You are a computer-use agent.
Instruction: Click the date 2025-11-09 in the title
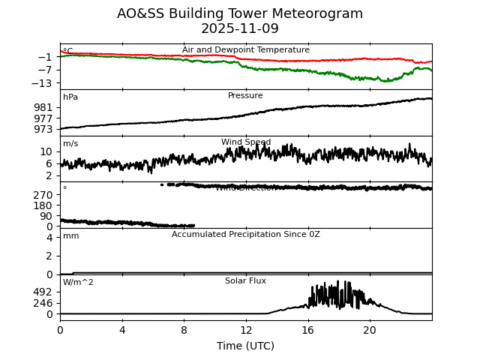(x=240, y=29)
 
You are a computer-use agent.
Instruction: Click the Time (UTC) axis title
(x=246, y=346)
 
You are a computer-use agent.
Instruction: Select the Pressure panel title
(x=245, y=96)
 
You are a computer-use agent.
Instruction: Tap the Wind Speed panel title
(x=246, y=142)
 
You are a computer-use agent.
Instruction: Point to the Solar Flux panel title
(x=245, y=281)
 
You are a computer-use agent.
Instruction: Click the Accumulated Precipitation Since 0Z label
(x=246, y=235)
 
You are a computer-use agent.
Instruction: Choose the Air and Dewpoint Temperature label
(x=246, y=50)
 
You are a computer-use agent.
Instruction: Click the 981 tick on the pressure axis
(x=43, y=107)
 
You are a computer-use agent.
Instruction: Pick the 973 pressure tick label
(x=43, y=129)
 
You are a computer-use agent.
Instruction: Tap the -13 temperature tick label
(x=43, y=83)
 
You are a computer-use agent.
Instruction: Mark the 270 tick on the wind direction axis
(x=43, y=195)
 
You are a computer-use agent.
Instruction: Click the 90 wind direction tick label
(x=46, y=216)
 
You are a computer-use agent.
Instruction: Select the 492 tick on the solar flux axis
(x=43, y=292)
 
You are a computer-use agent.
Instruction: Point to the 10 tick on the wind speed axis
(x=46, y=151)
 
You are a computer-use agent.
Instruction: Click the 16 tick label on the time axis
(x=307, y=329)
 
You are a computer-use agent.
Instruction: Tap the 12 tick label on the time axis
(x=246, y=329)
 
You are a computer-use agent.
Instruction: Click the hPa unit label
(x=70, y=97)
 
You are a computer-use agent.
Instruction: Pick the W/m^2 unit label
(x=78, y=283)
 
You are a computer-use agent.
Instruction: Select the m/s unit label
(x=70, y=144)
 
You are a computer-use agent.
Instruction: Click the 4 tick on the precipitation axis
(x=49, y=238)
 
